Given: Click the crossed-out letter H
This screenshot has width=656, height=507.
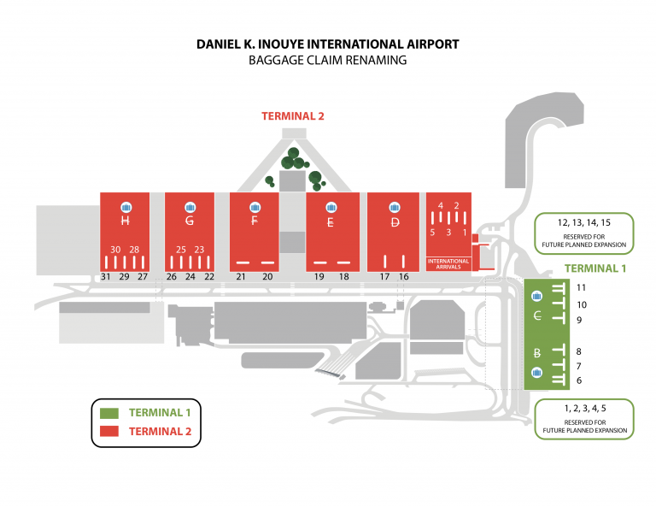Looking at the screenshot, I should (x=126, y=221).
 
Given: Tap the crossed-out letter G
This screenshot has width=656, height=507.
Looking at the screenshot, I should (x=189, y=221).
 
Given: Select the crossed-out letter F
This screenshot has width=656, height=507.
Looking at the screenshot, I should (x=255, y=221).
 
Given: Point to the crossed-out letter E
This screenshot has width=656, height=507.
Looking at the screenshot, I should (x=331, y=222).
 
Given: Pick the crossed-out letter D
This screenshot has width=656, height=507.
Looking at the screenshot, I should (x=395, y=222).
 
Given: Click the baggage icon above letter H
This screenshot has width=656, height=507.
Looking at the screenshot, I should (x=126, y=206).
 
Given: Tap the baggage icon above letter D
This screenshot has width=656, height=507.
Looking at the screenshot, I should (x=395, y=206).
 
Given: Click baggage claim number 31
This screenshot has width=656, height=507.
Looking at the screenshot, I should (x=106, y=277).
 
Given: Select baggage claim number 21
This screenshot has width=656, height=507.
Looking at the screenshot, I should (x=241, y=277).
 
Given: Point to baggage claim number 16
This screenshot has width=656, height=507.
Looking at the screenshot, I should (x=404, y=277).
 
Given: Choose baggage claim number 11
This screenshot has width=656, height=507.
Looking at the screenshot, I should (x=582, y=288).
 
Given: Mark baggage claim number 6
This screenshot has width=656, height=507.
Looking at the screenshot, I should (x=579, y=380).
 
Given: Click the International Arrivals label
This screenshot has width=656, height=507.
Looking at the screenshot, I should (x=448, y=263).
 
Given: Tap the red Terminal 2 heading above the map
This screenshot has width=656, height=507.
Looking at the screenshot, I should (x=293, y=116).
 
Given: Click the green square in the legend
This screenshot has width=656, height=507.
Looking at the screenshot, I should (x=108, y=413).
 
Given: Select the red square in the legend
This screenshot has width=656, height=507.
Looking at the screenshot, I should (x=108, y=432).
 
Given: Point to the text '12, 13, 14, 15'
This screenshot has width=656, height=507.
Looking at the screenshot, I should (x=583, y=223).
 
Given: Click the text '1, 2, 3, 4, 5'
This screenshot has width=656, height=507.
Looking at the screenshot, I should (x=583, y=409).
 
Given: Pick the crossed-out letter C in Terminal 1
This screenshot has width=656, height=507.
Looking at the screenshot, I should (x=537, y=316).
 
